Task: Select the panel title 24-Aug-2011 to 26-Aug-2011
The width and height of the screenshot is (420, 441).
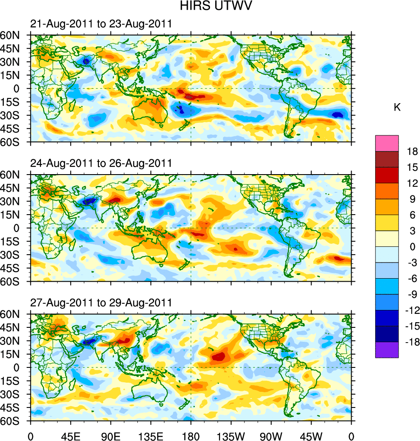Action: point(101,163)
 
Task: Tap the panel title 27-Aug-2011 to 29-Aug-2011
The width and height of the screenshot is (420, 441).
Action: point(101,303)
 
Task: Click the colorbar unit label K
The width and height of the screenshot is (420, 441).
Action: point(397,108)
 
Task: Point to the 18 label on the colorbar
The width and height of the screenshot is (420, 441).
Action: point(412,151)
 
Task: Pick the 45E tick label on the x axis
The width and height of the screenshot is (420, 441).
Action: point(71,436)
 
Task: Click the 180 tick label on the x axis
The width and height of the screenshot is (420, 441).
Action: point(191,436)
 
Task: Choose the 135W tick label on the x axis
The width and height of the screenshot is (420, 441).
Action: point(231,436)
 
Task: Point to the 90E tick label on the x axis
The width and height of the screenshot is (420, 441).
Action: point(111,436)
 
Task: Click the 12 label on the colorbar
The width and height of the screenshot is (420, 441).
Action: point(412,183)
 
